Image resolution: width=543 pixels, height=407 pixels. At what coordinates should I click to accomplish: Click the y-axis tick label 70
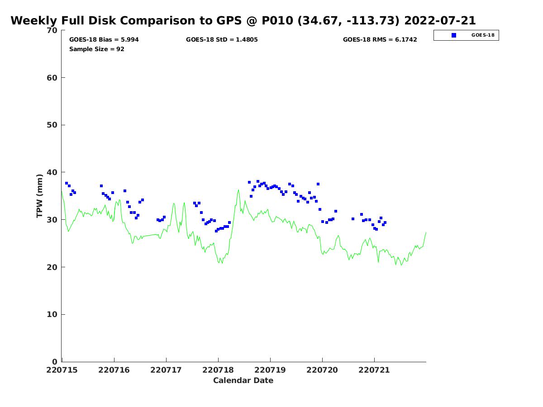pos(52,30)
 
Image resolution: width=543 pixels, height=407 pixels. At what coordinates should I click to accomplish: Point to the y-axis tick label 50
pos(52,125)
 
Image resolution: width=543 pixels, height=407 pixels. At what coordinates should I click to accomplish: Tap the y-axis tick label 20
pos(52,267)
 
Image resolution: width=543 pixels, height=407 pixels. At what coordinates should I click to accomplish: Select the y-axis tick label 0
pos(55,362)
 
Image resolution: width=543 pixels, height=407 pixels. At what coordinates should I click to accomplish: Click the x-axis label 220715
pos(62,370)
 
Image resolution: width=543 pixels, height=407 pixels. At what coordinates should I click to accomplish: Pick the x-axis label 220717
pos(166,370)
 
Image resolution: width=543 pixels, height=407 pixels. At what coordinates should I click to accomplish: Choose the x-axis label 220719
pos(270,370)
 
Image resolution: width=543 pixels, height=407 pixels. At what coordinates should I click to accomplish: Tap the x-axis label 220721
pos(374,370)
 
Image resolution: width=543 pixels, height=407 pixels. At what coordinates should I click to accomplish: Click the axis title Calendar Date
pos(243,381)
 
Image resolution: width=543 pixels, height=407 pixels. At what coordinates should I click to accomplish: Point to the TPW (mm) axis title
pos(39,196)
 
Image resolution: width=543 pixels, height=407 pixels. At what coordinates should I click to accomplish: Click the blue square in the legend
pos(454,35)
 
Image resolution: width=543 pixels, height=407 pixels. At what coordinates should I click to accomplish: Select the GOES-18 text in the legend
pos(483,35)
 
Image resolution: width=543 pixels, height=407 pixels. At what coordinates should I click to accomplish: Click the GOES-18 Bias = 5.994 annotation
pos(104,39)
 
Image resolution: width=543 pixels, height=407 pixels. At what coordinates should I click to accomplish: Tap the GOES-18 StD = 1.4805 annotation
pos(222,39)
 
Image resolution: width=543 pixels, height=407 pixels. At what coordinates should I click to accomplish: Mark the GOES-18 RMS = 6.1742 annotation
pos(380,39)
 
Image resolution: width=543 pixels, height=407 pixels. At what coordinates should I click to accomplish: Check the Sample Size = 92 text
pos(97,49)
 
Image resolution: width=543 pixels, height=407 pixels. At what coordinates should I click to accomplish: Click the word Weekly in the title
pos(34,21)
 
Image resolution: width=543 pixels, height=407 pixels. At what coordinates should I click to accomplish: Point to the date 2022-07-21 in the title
pos(440,20)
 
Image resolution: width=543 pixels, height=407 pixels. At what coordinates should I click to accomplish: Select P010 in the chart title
pos(277,20)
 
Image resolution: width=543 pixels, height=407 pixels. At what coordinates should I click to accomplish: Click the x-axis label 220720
pos(322,370)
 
